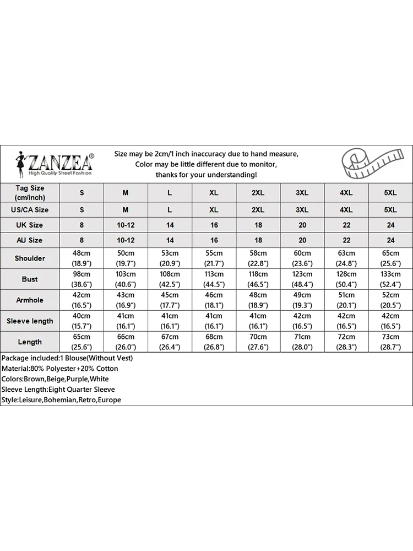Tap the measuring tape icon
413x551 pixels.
[x=368, y=163]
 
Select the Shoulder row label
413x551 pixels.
[x=30, y=258]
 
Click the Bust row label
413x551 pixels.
[x=30, y=279]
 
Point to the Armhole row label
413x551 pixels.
[x=30, y=300]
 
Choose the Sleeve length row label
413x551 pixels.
[x=30, y=321]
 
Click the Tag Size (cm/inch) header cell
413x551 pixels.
[x=30, y=192]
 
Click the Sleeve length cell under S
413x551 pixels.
[x=81, y=321]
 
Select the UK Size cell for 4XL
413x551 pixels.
[x=346, y=225]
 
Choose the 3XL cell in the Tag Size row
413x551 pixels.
[x=302, y=193]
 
